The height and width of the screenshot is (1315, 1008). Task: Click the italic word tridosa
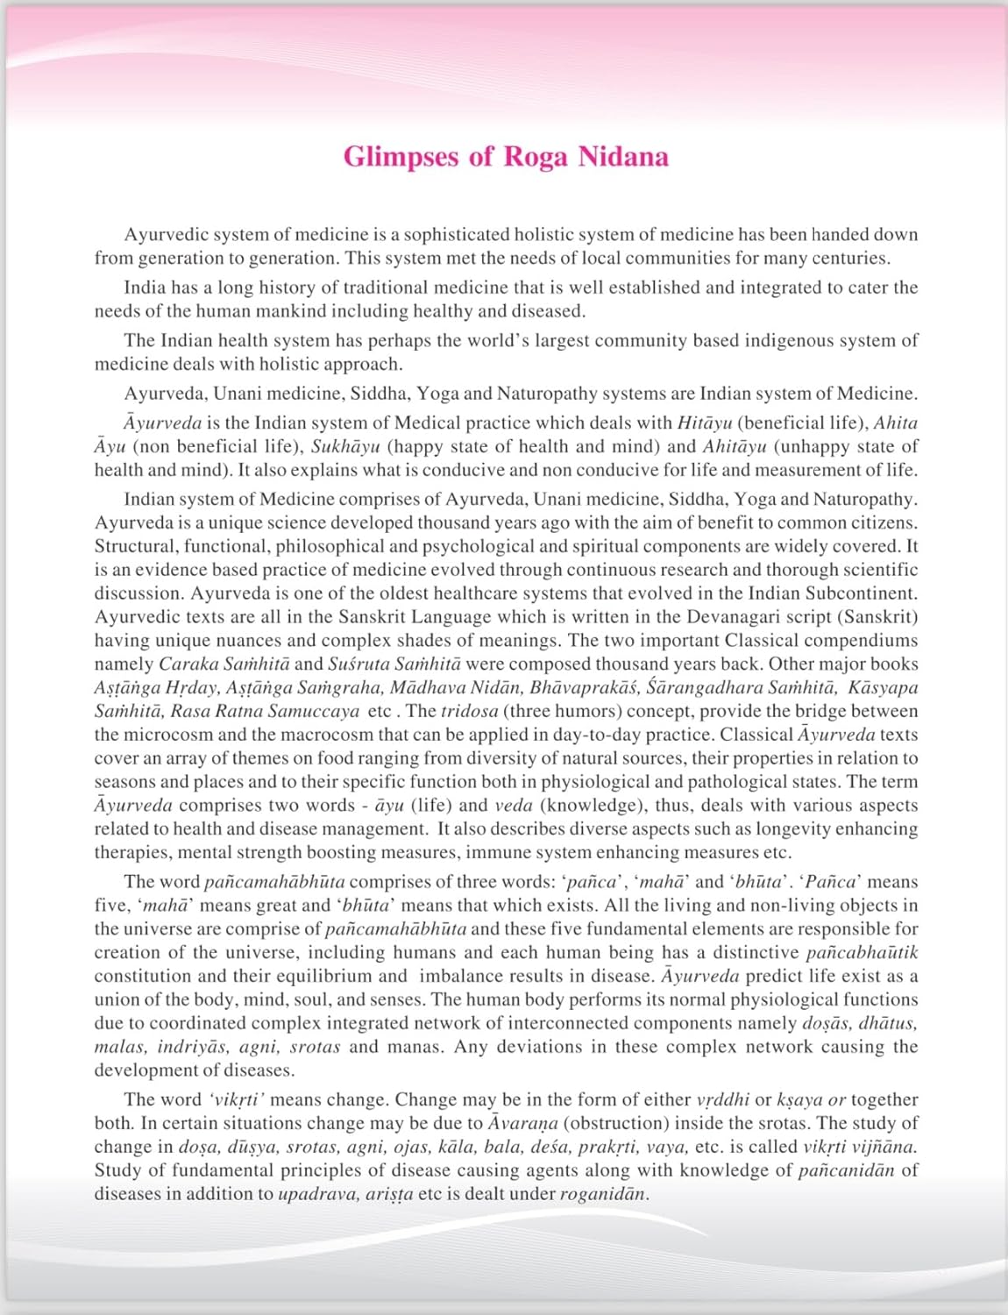point(469,712)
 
